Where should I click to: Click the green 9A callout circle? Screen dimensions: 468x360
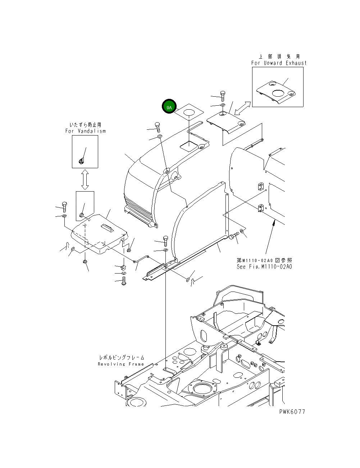[169, 107]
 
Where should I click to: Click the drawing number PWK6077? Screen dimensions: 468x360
[292, 412]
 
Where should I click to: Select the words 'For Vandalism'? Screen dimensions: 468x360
[85, 131]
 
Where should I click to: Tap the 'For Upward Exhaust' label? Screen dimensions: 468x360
[279, 63]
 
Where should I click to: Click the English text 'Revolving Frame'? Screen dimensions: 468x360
[121, 364]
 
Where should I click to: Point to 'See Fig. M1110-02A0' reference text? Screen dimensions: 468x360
[264, 267]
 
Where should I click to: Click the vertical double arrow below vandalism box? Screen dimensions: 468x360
[85, 180]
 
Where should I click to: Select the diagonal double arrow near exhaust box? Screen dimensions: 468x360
[243, 108]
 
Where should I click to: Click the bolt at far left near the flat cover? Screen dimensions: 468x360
[64, 207]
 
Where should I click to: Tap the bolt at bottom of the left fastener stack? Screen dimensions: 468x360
[124, 281]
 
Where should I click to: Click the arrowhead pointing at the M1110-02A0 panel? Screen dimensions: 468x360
[274, 223]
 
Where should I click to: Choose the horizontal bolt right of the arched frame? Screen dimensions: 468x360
[234, 236]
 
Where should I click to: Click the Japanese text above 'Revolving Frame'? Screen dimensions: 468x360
[122, 358]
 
